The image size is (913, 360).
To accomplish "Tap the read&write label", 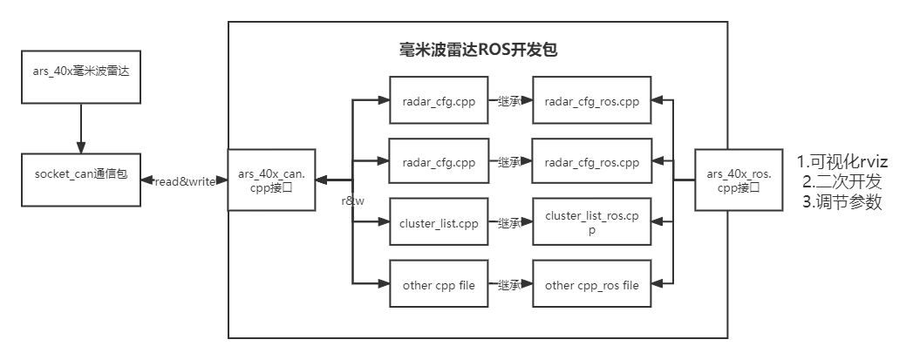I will pyautogui.click(x=184, y=181).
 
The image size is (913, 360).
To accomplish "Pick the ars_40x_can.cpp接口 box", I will pyautogui.click(x=271, y=180).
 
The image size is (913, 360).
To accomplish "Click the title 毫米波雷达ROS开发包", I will pyautogui.click(x=477, y=50).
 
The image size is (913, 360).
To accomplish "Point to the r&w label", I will pyautogui.click(x=352, y=200).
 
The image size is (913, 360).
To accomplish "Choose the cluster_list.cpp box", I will pyautogui.click(x=439, y=223).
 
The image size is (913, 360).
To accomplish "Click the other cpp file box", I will pyautogui.click(x=439, y=284).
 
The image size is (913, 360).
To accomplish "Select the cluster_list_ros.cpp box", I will pyautogui.click(x=591, y=223).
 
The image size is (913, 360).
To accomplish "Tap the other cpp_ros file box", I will pyautogui.click(x=591, y=284).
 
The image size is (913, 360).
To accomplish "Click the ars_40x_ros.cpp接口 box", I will pyautogui.click(x=738, y=180).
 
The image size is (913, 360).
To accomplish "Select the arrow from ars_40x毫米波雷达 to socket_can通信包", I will pyautogui.click(x=81, y=128).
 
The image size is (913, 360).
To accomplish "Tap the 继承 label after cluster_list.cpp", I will pyautogui.click(x=509, y=223).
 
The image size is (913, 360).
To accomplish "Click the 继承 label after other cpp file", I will pyautogui.click(x=509, y=284).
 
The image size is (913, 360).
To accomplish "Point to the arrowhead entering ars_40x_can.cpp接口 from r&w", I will pyautogui.click(x=321, y=180).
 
